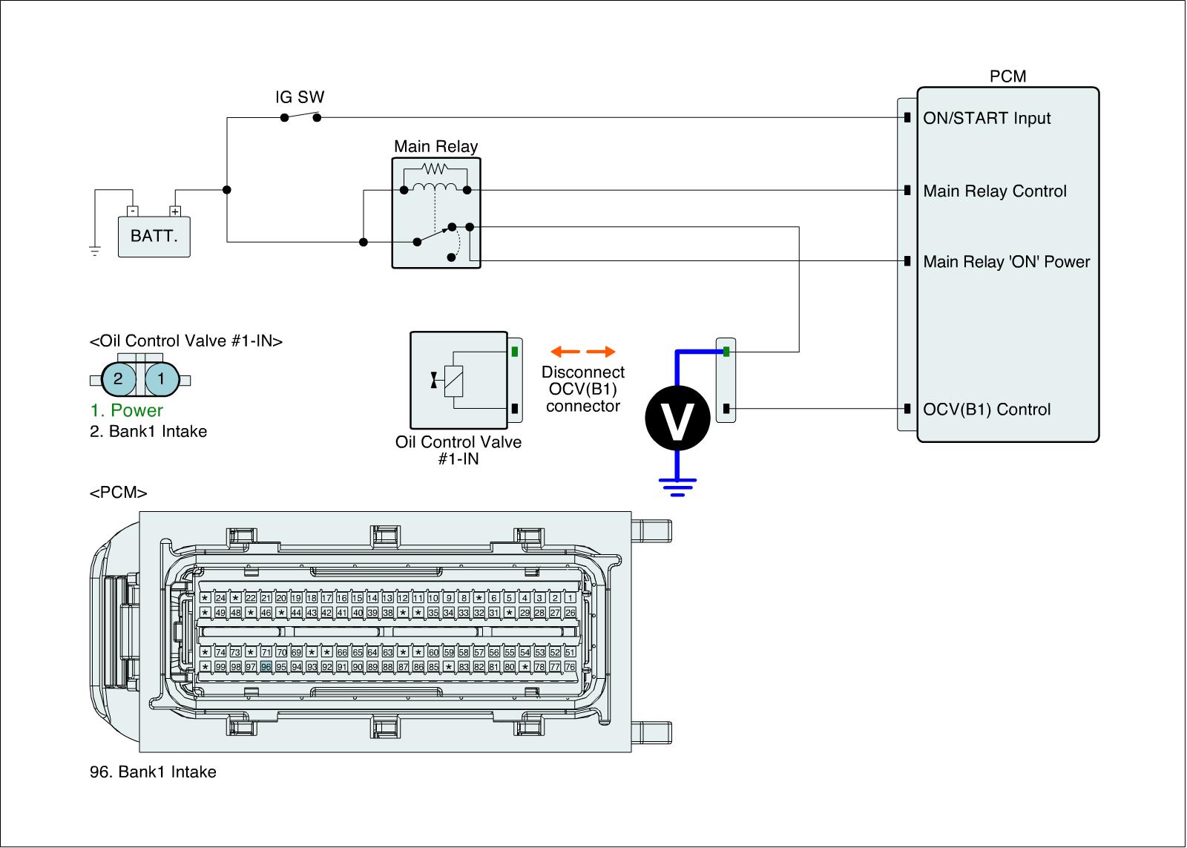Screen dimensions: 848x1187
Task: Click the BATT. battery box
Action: [154, 237]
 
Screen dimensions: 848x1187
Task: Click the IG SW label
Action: [300, 97]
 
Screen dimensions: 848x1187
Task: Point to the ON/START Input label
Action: [987, 118]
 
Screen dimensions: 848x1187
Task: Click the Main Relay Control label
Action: [995, 191]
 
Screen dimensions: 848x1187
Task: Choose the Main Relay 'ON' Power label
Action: [1007, 262]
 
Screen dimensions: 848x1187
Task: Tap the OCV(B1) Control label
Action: [987, 410]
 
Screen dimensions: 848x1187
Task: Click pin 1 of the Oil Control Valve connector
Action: [162, 380]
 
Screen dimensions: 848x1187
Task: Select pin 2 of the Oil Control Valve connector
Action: [118, 380]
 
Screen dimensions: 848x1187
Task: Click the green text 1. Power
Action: [126, 410]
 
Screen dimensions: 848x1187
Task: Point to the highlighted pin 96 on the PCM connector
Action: [266, 667]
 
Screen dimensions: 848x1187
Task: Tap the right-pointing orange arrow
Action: [600, 352]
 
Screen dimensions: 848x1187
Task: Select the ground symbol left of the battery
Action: [95, 251]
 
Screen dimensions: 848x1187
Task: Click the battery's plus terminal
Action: [176, 211]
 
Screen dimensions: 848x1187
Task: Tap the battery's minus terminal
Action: [131, 211]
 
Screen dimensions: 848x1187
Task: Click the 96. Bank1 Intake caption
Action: [153, 772]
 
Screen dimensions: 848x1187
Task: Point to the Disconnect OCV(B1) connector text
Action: [583, 389]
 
